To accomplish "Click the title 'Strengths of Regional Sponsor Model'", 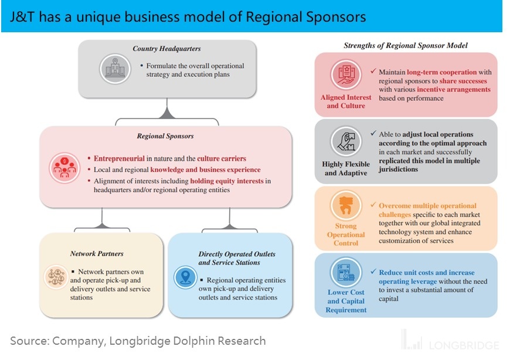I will [405, 45].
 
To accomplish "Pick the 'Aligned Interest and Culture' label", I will [346, 101].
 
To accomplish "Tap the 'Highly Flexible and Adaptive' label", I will [346, 168].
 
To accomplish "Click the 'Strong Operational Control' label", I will [346, 235].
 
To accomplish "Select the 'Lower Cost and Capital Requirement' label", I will [346, 301].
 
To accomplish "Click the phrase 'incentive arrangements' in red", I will [454, 90].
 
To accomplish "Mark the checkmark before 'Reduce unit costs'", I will [373, 273].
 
